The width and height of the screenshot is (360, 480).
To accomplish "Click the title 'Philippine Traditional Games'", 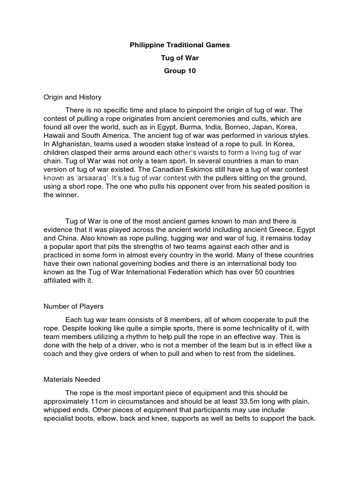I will tap(180, 46).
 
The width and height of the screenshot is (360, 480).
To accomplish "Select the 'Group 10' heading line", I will tap(180, 71).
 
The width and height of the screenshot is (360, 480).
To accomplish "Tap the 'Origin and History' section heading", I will tap(72, 97).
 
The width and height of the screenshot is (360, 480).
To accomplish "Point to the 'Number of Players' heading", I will tap(73, 307).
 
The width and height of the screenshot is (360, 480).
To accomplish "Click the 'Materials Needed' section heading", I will tap(72, 380).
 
